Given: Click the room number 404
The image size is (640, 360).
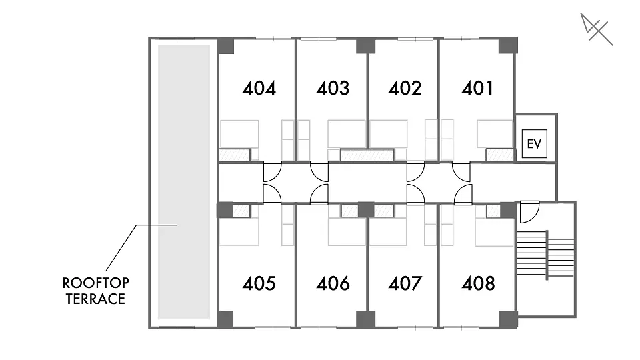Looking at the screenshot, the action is [259, 88].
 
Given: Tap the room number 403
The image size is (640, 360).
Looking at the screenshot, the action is [333, 88].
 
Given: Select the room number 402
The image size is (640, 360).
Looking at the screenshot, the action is [405, 88].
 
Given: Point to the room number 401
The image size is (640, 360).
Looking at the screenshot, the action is [477, 88].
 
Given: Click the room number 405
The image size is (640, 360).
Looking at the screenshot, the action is [259, 283].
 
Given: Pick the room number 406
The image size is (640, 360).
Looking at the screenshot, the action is [333, 283].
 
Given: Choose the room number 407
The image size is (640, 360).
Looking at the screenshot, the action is [405, 283].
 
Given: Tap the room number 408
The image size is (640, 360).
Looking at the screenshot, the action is [478, 283].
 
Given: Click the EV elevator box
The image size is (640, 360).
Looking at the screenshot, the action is [534, 144].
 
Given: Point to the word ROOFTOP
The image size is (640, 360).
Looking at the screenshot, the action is [95, 283].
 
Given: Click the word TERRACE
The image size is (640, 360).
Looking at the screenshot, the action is [95, 299].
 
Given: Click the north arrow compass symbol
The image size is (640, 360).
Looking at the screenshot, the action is [596, 29].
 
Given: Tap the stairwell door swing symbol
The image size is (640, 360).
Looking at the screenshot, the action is [529, 212].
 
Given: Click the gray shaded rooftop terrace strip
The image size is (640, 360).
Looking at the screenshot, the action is [184, 182].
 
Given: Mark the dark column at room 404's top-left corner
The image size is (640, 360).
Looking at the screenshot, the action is [225, 46].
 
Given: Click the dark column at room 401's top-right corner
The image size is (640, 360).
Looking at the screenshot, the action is [508, 45].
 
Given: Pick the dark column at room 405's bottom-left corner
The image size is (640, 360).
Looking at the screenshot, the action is [225, 319].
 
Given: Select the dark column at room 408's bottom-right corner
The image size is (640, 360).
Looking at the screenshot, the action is [508, 319].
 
